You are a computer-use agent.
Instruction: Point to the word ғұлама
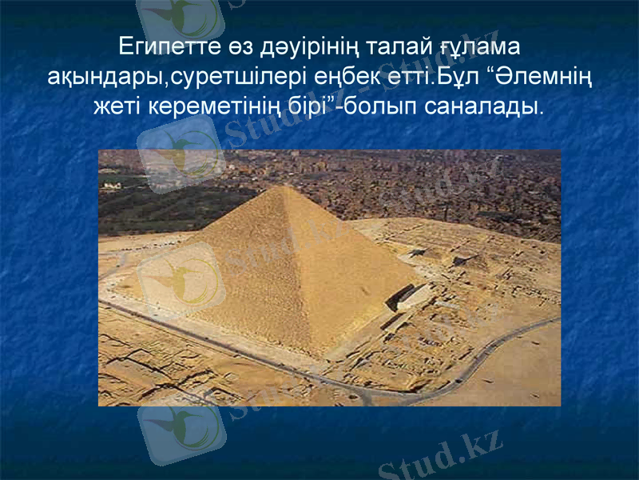pyautogui.click(x=482, y=46)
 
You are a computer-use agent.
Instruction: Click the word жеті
pyautogui.click(x=118, y=106)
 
